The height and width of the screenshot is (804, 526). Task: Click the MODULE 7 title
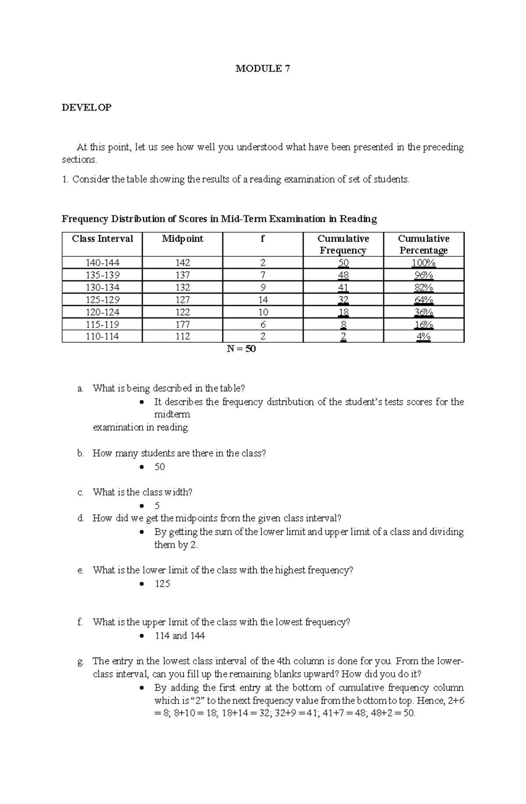pyautogui.click(x=263, y=68)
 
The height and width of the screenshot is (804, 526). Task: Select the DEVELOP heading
pyautogui.click(x=87, y=107)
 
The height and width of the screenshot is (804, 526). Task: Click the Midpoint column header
pyautogui.click(x=182, y=239)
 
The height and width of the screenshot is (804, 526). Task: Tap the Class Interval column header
pyautogui.click(x=103, y=239)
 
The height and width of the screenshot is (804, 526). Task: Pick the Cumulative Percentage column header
pyautogui.click(x=423, y=244)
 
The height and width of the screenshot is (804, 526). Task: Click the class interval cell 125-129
pyautogui.click(x=103, y=300)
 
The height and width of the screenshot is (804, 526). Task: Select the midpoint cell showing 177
pyautogui.click(x=182, y=325)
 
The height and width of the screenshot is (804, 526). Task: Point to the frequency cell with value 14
pyautogui.click(x=263, y=300)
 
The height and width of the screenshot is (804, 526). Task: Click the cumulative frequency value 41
pyautogui.click(x=343, y=288)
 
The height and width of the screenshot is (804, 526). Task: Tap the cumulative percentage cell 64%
pyautogui.click(x=423, y=300)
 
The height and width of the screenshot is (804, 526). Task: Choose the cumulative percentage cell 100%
pyautogui.click(x=423, y=263)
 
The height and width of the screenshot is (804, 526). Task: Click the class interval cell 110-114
pyautogui.click(x=103, y=336)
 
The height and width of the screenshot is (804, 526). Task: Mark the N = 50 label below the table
pyautogui.click(x=241, y=349)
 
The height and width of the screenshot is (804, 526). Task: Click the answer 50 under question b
pyautogui.click(x=160, y=467)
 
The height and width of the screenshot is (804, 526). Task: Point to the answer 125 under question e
pyautogui.click(x=162, y=584)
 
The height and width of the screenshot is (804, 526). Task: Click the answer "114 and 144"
pyautogui.click(x=180, y=636)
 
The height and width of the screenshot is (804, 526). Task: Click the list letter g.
pyautogui.click(x=80, y=662)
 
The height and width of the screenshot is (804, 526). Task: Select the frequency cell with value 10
pyautogui.click(x=263, y=312)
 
